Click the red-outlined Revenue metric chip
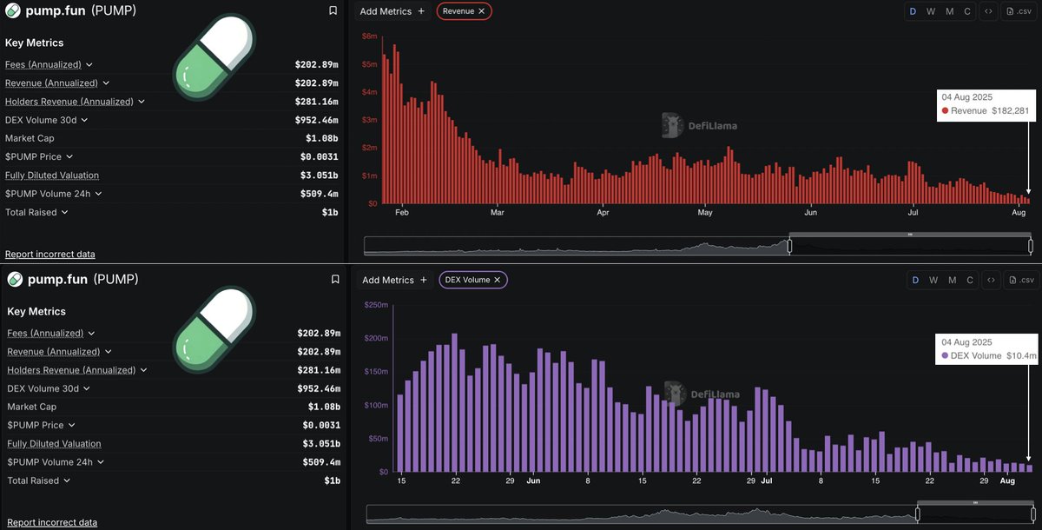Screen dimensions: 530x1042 coord(464,11)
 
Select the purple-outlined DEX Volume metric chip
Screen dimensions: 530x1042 coord(473,280)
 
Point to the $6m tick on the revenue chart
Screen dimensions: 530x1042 coord(369,36)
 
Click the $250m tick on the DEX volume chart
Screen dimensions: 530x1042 coord(375,305)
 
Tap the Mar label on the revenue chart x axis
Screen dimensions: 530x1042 coord(497,212)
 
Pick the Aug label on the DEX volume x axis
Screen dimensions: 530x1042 coord(1007,480)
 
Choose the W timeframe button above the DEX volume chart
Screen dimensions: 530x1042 coord(933,280)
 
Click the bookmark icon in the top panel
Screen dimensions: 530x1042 coord(333,11)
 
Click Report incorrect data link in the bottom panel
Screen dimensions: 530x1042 coord(52,522)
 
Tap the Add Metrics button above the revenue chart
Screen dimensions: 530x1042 coord(392,11)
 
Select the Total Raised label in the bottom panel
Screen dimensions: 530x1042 coord(33,480)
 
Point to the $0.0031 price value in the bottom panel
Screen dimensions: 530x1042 coord(321,425)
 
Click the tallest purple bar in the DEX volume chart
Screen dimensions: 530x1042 coord(454,402)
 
